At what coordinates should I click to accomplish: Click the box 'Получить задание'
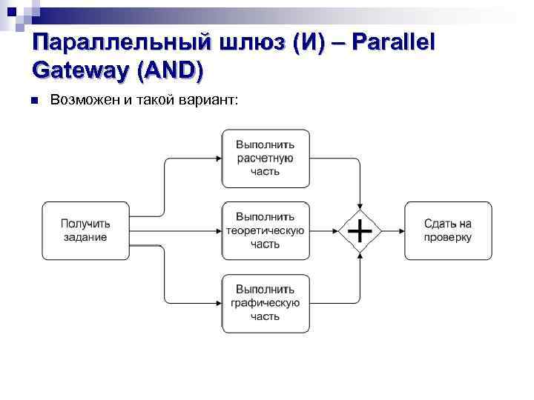click(85, 230)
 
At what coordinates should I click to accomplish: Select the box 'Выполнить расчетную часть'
click(266, 158)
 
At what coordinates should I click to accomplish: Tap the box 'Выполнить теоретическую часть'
click(266, 230)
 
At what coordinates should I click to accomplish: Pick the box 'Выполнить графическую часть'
click(266, 303)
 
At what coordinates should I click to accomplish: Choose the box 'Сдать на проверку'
click(448, 230)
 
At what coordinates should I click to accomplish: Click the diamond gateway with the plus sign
click(360, 231)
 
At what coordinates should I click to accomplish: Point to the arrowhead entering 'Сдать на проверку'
click(400, 231)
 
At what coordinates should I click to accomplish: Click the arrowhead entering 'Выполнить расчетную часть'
click(218, 158)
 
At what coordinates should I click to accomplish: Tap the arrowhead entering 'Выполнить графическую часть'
click(218, 303)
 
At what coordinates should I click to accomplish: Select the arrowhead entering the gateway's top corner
click(360, 207)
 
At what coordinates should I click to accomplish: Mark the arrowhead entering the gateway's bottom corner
click(360, 255)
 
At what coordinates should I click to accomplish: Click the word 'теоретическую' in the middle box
click(266, 230)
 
